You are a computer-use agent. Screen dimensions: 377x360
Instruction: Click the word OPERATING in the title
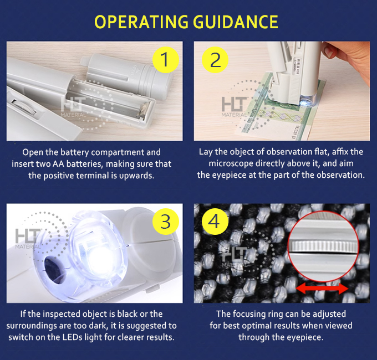pyautogui.click(x=141, y=22)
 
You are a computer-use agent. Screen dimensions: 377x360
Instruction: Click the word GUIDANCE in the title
pyautogui.click(x=236, y=22)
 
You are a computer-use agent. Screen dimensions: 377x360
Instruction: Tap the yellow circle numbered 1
pyautogui.click(x=166, y=60)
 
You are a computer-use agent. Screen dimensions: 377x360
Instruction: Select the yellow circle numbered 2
pyautogui.click(x=215, y=60)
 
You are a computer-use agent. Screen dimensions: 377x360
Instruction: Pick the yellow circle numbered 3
pyautogui.click(x=166, y=222)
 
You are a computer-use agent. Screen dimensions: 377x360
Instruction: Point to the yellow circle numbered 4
pyautogui.click(x=215, y=222)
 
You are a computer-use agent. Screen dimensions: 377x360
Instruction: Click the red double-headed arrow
pyautogui.click(x=322, y=289)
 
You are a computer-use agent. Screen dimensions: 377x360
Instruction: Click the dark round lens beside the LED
pyautogui.click(x=54, y=270)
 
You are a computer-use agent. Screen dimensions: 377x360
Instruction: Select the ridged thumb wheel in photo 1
pyautogui.click(x=24, y=107)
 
